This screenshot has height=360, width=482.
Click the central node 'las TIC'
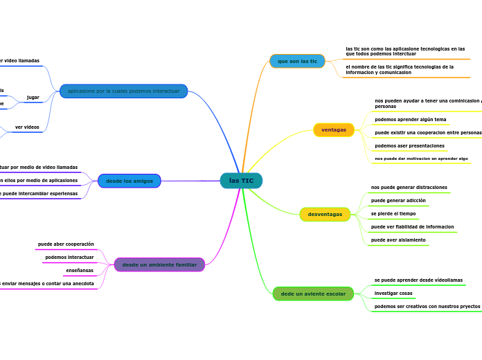tap(241, 181)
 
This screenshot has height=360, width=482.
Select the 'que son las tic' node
tap(297, 61)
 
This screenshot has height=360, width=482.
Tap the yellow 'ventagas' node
tap(334, 129)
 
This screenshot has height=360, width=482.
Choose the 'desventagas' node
tap(325, 214)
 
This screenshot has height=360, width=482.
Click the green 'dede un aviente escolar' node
tap(313, 294)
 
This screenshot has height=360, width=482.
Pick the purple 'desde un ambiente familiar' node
tap(159, 264)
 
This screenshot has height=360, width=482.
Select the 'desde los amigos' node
tap(130, 181)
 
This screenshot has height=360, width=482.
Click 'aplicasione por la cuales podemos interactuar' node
tap(123, 91)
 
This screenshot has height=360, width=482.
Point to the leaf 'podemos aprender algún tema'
tap(411, 119)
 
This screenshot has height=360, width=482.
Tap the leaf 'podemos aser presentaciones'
tap(409, 146)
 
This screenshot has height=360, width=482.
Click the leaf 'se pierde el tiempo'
tap(393, 214)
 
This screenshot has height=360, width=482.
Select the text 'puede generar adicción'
tap(398, 201)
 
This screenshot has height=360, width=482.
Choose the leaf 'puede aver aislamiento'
tap(398, 240)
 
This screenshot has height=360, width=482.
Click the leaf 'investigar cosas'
tap(393, 294)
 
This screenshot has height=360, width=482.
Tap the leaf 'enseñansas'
tap(80, 270)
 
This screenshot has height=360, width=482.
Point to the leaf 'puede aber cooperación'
tap(66, 244)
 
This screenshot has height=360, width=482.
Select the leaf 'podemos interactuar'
tap(69, 258)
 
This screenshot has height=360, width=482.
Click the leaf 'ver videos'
tap(27, 127)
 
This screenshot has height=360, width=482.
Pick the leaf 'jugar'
tap(33, 98)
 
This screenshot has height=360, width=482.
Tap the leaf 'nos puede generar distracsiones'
tap(409, 188)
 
